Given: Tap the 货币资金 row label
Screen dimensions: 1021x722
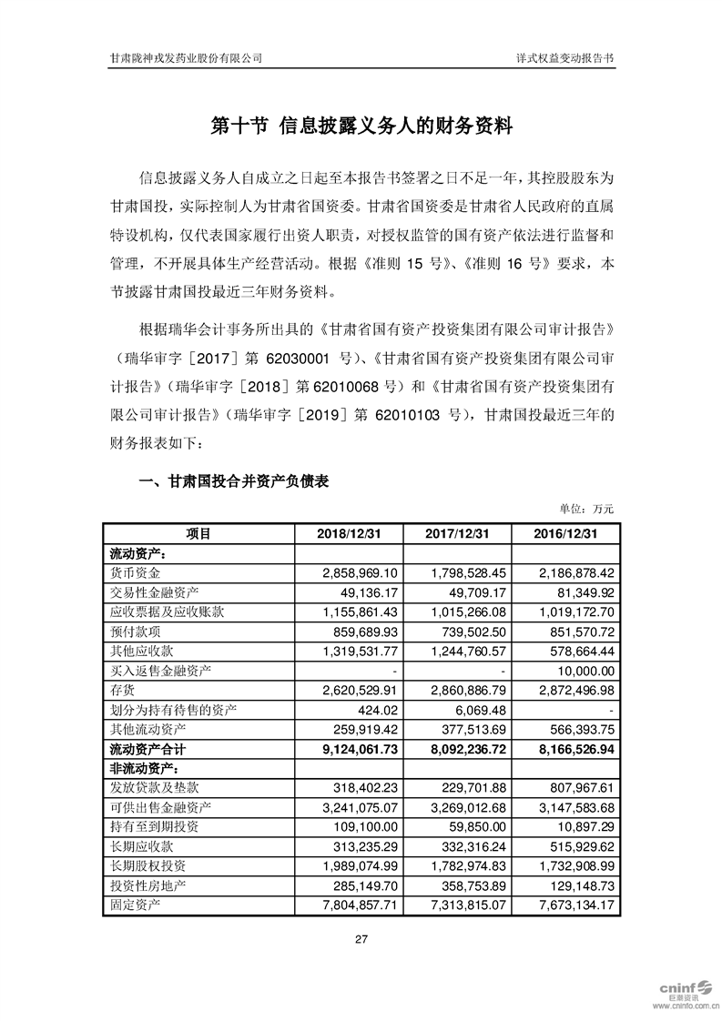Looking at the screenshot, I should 135,573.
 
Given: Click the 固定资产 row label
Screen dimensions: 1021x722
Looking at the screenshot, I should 135,905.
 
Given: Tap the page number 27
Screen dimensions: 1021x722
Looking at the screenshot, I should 361,940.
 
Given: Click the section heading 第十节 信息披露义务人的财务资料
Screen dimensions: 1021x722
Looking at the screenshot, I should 361,126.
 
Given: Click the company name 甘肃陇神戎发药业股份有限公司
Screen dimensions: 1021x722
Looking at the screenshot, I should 186,56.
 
